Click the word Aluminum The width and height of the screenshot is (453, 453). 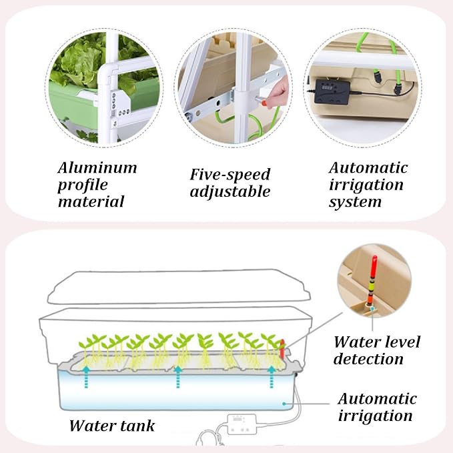97,168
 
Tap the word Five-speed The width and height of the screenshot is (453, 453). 230,175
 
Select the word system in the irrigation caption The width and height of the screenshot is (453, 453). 355,202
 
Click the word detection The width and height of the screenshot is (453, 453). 368,359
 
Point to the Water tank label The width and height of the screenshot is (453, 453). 112,426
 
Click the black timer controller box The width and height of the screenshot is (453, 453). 332,91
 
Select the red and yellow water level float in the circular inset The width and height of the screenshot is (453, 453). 373,280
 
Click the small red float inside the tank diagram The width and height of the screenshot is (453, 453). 282,348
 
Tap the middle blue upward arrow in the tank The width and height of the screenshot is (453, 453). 178,376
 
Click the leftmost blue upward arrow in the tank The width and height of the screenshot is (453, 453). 86,376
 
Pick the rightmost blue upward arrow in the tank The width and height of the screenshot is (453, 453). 272,376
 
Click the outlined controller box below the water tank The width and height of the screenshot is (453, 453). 242,424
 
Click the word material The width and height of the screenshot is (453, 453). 91,201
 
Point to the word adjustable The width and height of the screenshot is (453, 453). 230,192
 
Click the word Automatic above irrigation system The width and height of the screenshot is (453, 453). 368,168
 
